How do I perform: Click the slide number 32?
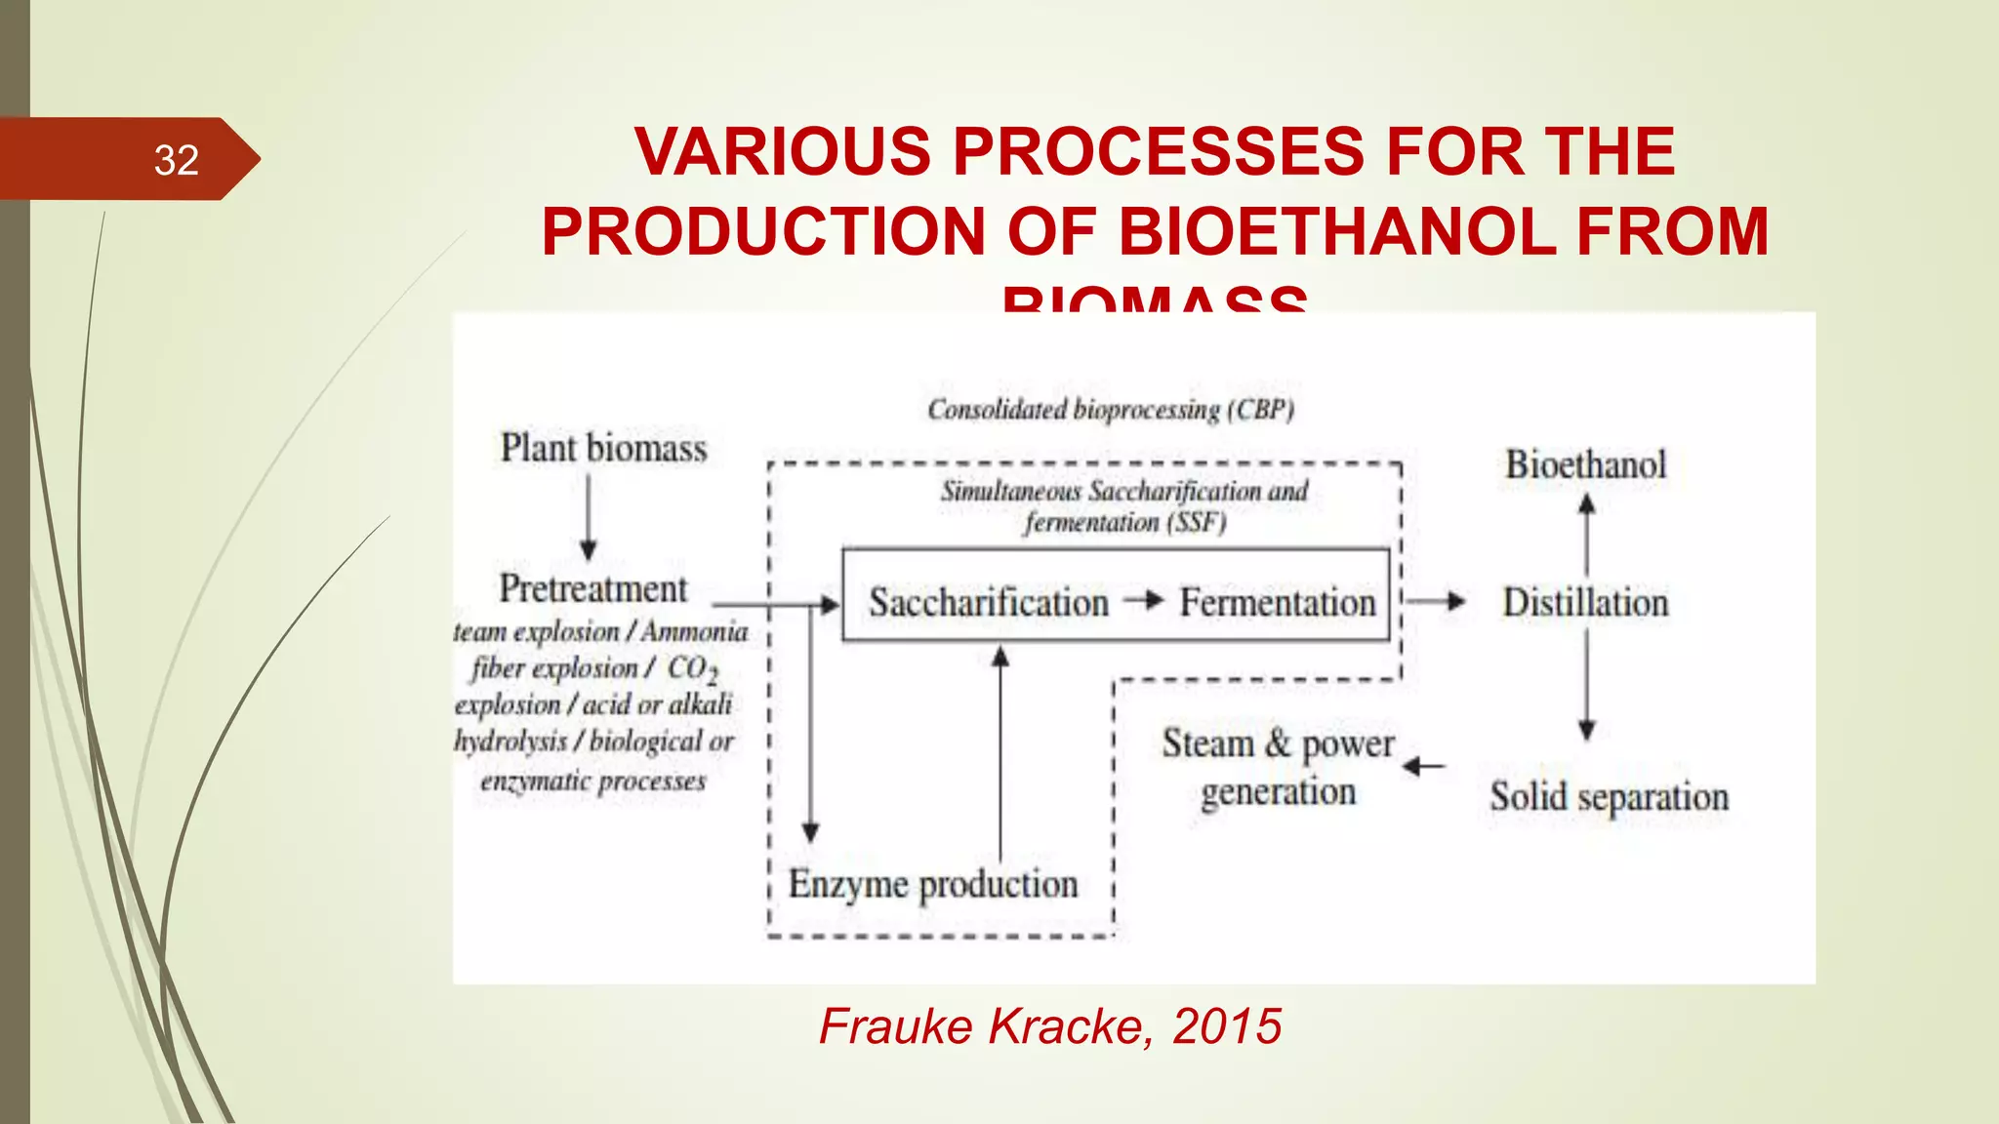176,160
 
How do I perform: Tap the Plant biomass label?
603,448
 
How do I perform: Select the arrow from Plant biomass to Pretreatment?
588,517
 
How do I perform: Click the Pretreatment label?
592,588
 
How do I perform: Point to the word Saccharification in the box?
988,602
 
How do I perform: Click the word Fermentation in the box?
1277,602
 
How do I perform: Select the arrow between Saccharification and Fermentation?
1143,600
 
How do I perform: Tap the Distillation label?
1585,602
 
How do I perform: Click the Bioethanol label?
1585,464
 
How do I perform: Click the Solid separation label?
1609,797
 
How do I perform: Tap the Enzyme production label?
932,884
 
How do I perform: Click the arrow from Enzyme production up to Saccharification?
999,751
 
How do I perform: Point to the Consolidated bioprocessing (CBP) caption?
1110,409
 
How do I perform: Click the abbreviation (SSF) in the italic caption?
1195,523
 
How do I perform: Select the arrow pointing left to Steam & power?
1424,767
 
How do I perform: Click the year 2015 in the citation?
1227,1026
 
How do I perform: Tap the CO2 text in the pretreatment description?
692,669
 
